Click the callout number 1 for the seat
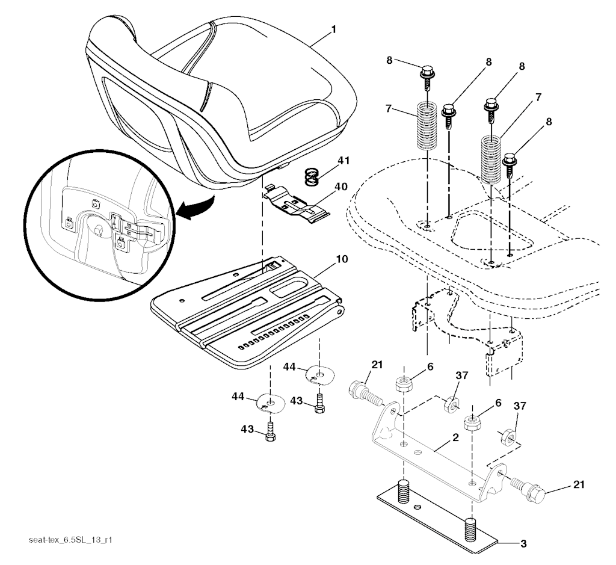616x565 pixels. pyautogui.click(x=333, y=29)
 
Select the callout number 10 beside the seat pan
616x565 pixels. pyautogui.click(x=342, y=259)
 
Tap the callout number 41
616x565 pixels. pyautogui.click(x=343, y=161)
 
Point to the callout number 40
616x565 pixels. pyautogui.click(x=341, y=187)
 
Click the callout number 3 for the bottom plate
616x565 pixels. pyautogui.click(x=523, y=544)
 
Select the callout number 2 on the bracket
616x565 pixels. pyautogui.click(x=455, y=437)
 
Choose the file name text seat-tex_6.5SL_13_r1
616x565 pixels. pyautogui.click(x=71, y=540)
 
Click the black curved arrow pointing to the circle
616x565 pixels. pyautogui.click(x=197, y=206)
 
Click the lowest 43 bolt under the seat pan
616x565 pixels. pyautogui.click(x=270, y=431)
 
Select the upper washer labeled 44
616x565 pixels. pyautogui.click(x=319, y=375)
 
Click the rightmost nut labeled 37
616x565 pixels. pyautogui.click(x=508, y=436)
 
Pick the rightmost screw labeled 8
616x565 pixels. pyautogui.click(x=510, y=165)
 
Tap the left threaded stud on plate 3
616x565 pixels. pyautogui.click(x=402, y=491)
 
